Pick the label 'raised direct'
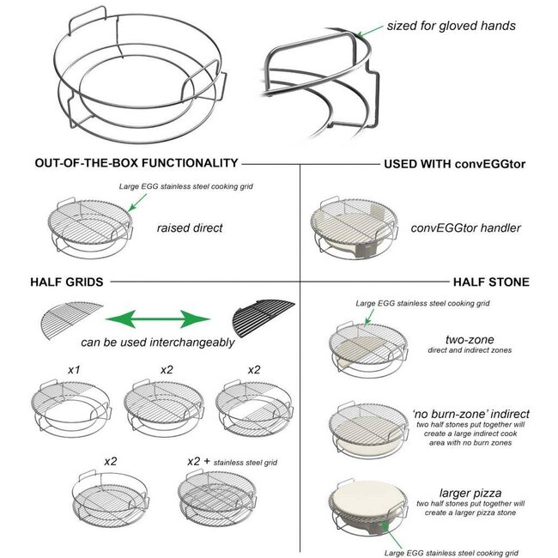pos(189,229)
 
